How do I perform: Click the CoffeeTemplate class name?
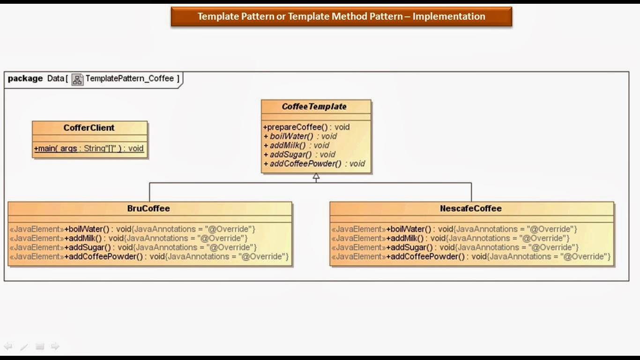314,107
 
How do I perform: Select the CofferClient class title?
89,128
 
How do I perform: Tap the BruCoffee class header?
149,209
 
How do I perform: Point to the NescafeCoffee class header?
471,209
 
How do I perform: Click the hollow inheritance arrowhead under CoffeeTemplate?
316,177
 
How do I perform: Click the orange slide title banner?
341,17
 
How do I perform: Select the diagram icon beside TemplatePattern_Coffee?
77,79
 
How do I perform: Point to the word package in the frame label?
25,79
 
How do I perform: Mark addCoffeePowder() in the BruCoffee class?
105,256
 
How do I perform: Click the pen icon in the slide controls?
24,347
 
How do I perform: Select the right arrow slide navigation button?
55,346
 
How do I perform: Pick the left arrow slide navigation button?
8,346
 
